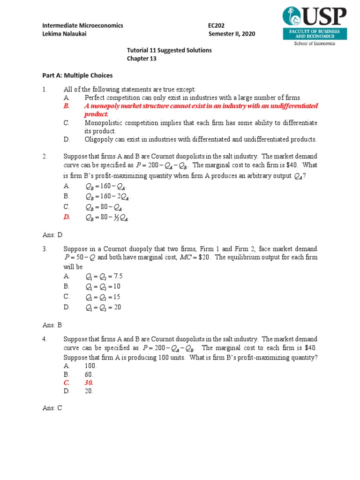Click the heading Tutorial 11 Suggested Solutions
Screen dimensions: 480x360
pos(169,50)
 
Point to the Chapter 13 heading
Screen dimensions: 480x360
pos(142,59)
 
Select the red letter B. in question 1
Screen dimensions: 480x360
pos(67,106)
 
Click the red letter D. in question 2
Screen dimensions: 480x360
pos(67,217)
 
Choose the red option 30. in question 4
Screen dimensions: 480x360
pos(89,382)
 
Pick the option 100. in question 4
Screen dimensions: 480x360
pos(90,365)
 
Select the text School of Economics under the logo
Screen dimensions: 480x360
pos(315,44)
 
